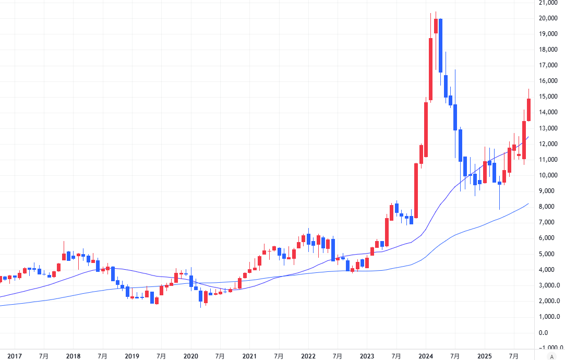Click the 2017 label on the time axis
(15, 356)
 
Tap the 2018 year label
(73, 356)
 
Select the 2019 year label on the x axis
(132, 356)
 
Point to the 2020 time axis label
(190, 356)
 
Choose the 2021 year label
(249, 356)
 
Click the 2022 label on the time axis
(308, 356)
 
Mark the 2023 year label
(367, 356)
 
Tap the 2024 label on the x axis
(426, 356)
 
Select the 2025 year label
(485, 356)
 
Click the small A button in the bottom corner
(551, 356)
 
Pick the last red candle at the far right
(529, 110)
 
